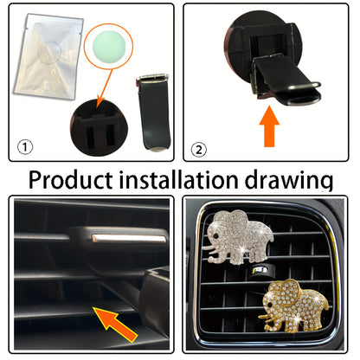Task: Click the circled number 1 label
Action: tap(27, 146)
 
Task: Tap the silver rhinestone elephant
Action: tap(239, 234)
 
